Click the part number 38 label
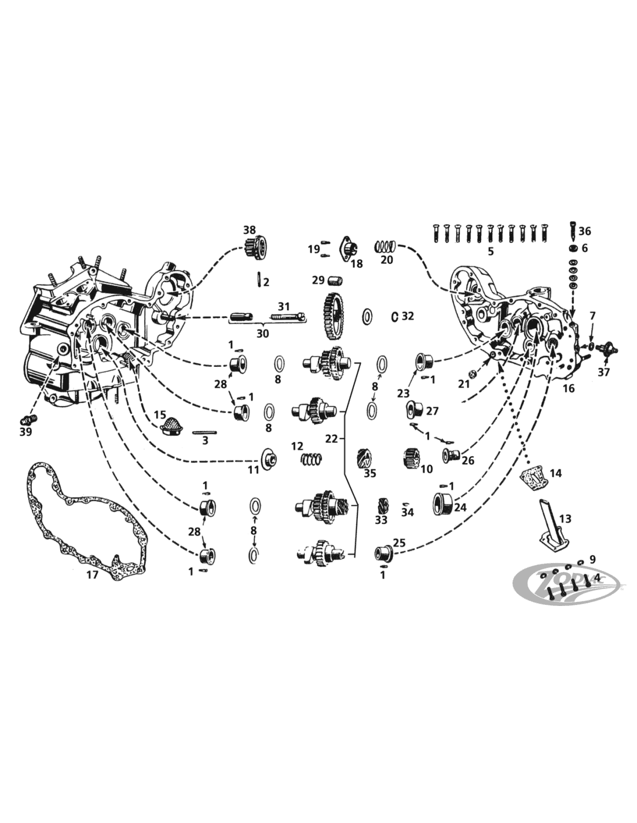(250, 230)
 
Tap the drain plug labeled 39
(28, 419)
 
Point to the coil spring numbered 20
(386, 247)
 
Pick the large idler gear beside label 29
(334, 315)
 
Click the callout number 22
(331, 439)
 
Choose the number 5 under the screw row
(490, 252)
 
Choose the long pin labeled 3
(204, 432)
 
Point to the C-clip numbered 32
(394, 316)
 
